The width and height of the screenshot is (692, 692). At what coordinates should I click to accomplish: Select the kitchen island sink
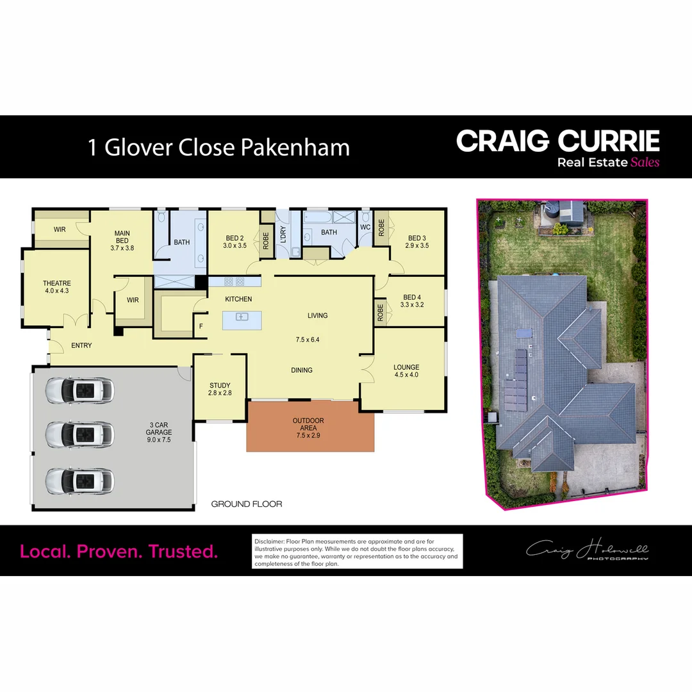(242, 317)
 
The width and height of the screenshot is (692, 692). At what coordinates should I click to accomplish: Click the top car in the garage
(79, 390)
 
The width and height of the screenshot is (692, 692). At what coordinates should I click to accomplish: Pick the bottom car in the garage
(79, 480)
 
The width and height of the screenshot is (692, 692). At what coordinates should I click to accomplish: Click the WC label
(365, 227)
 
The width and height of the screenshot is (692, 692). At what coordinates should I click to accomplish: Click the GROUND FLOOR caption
(247, 504)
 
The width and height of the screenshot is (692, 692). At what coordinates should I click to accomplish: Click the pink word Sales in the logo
(645, 162)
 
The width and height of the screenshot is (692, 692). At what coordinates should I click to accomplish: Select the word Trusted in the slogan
(183, 551)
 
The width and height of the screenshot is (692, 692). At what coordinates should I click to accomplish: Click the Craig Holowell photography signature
(587, 550)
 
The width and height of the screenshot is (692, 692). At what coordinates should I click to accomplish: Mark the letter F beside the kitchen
(201, 326)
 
